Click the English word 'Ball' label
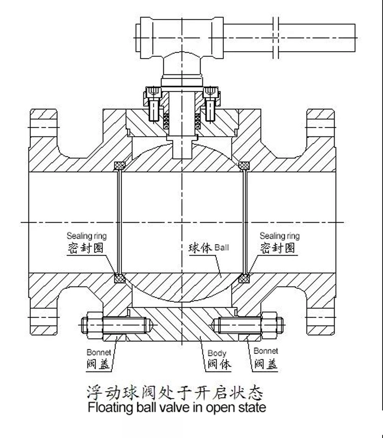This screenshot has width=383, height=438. tap(222, 247)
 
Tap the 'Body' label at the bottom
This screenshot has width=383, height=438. tap(217, 353)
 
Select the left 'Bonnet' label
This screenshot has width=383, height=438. tap(99, 352)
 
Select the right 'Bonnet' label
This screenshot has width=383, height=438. tap(266, 351)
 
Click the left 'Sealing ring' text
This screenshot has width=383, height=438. tap(87, 236)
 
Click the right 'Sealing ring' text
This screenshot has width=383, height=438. tap(280, 236)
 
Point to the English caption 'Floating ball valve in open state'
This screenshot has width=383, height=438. tap(177, 407)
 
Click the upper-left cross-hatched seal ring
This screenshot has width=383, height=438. tap(120, 166)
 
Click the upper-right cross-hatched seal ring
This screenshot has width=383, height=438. tap(244, 166)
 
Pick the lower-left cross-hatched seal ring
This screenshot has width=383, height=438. tap(120, 279)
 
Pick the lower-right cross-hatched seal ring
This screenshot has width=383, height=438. tap(244, 279)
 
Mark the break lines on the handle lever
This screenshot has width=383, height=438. tap(275, 38)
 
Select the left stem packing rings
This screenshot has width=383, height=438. tap(166, 121)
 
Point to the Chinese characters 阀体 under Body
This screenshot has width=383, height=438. tap(219, 364)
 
